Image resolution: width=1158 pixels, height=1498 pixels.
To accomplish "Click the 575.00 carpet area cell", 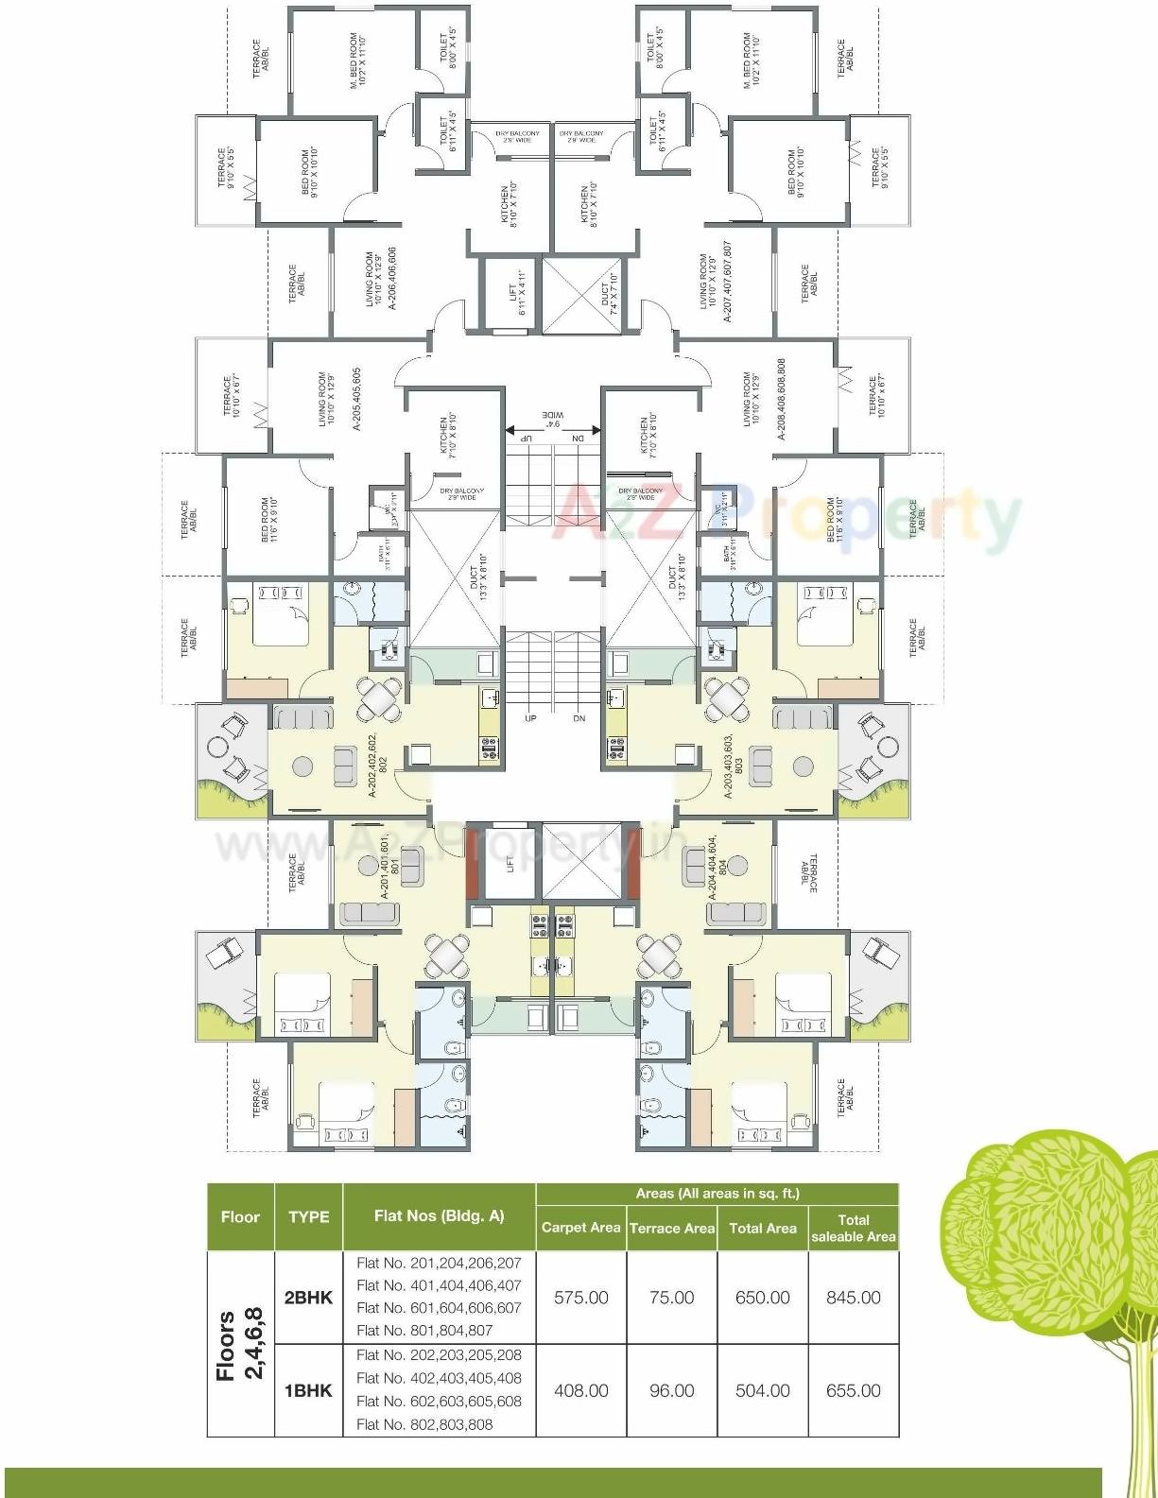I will coord(580,1298).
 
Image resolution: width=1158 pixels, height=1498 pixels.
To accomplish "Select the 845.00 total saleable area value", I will coord(853,1298).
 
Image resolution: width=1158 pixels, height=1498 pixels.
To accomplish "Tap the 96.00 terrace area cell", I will coord(671,1390).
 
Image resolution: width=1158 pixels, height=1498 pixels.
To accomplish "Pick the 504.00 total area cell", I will coord(762,1390).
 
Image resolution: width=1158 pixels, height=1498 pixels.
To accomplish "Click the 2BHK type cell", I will coord(308,1298).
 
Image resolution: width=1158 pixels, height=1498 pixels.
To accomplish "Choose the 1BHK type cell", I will coord(308,1390).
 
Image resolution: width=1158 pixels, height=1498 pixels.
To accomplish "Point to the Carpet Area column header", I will coord(580,1228).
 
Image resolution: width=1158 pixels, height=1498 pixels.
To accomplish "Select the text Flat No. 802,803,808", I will coord(424,1424).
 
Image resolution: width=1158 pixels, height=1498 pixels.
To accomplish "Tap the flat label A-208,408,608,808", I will coord(782,398).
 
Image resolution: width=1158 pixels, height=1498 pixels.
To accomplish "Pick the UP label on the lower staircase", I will coord(530,718).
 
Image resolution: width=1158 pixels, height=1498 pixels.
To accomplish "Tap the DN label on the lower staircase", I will coord(579,718).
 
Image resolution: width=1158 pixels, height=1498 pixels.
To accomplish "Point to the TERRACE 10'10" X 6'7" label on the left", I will coord(232,397).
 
